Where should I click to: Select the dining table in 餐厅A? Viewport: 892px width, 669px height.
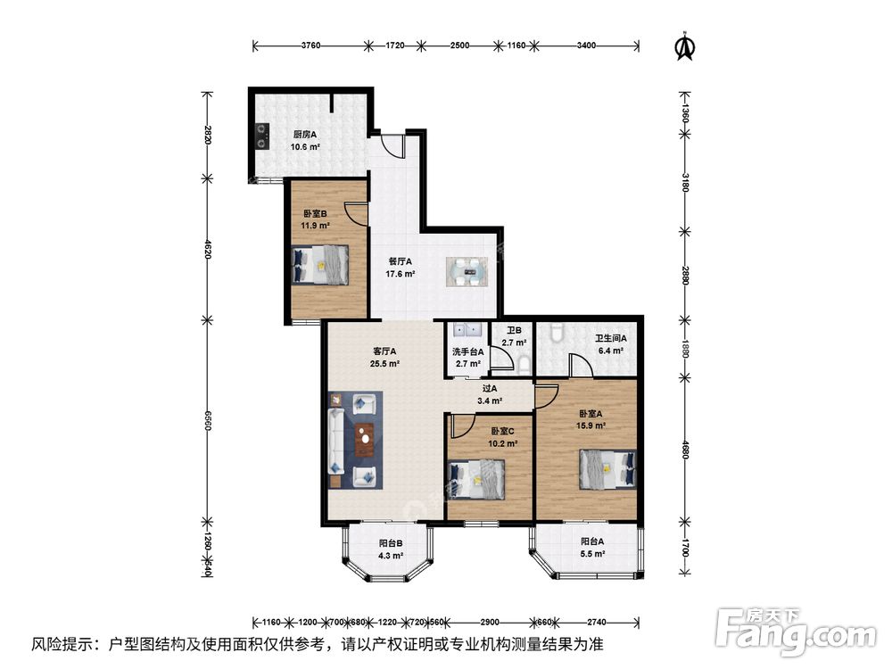[467, 272]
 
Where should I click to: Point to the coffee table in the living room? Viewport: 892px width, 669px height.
[364, 441]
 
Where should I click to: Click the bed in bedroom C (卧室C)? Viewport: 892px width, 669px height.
[476, 479]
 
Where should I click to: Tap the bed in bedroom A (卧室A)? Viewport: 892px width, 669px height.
[607, 469]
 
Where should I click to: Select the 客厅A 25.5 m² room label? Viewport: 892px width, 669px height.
[384, 358]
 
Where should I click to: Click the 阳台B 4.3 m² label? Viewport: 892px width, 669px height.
[391, 549]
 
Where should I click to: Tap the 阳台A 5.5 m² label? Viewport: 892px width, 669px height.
[592, 548]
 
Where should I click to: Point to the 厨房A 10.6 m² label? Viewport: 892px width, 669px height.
[305, 141]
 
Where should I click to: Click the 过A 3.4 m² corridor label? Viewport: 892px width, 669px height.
[489, 395]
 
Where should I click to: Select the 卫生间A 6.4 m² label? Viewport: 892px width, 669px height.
[611, 344]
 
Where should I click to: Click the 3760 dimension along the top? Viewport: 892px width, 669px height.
[311, 45]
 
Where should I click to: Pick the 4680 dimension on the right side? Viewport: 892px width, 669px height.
[685, 449]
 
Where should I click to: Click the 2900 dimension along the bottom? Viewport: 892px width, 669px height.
[489, 623]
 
